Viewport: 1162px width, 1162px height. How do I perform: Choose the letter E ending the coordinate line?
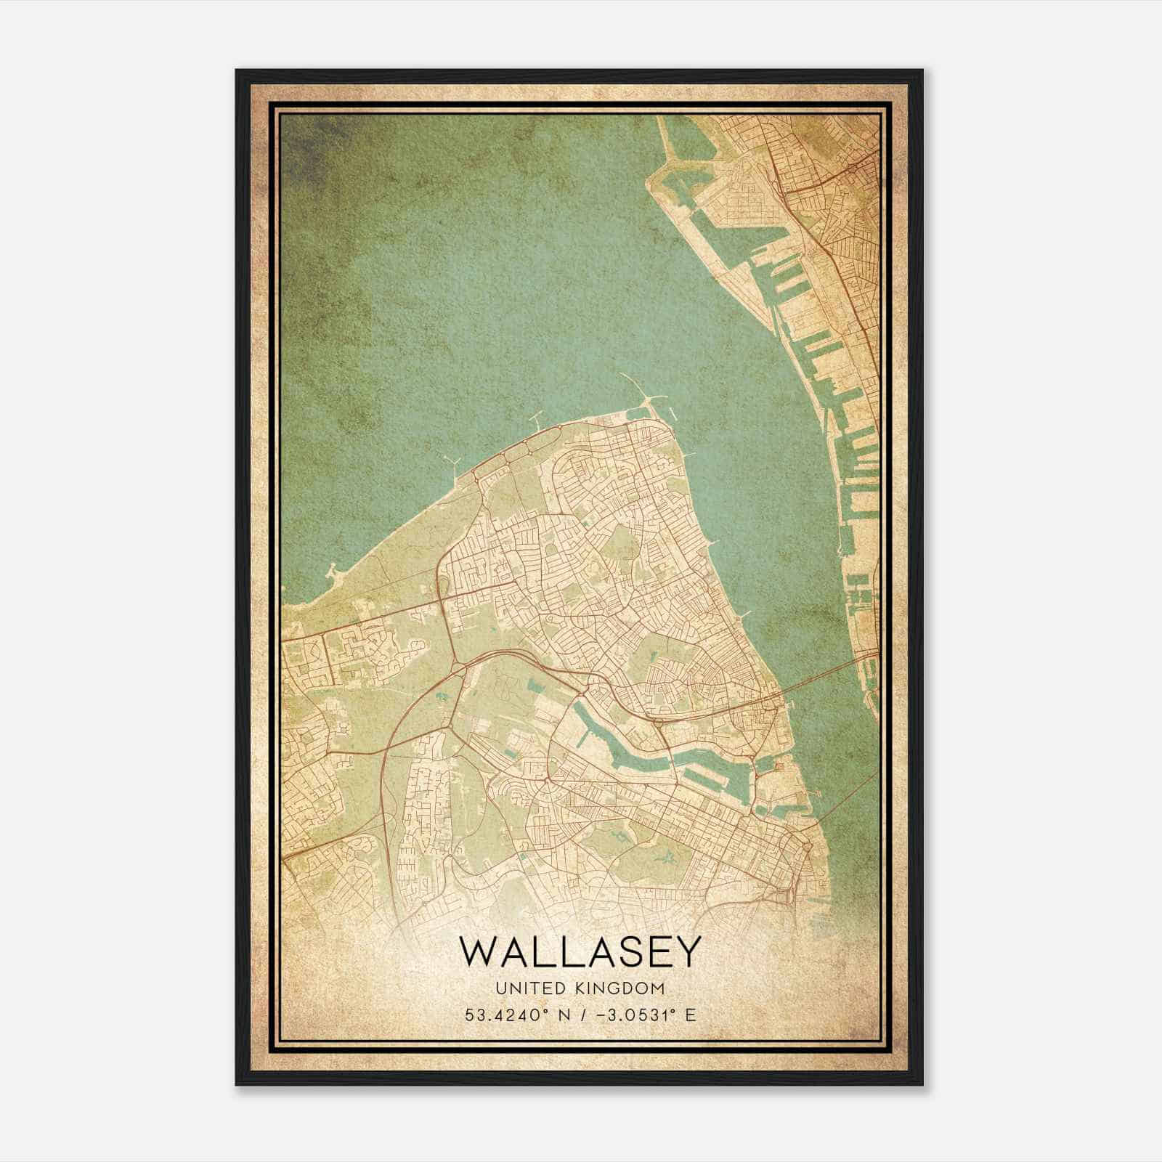pyautogui.click(x=690, y=1015)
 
